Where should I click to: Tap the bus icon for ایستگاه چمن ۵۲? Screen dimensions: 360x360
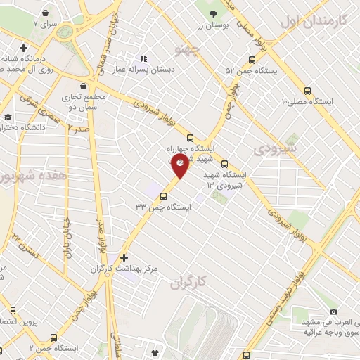[x=252, y=60]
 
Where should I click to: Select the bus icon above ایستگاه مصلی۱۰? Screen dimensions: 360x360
[x=307, y=90]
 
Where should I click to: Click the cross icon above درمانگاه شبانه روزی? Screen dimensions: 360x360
[x=24, y=49]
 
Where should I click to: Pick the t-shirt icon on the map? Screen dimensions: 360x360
[x=155, y=351]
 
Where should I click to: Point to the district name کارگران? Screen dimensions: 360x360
[x=190, y=283]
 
